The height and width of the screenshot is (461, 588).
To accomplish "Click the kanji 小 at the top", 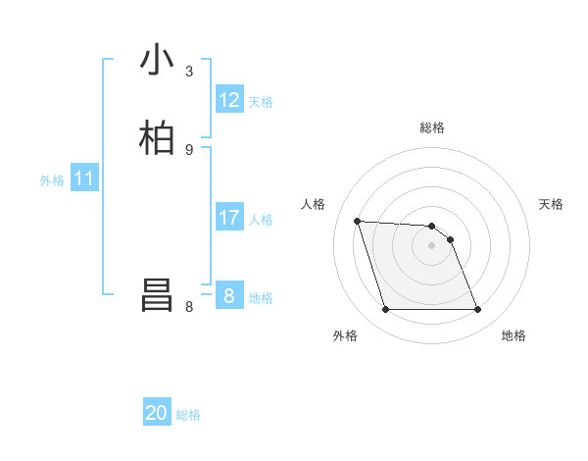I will tap(158, 62).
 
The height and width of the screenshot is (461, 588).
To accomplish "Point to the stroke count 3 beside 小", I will tap(189, 72).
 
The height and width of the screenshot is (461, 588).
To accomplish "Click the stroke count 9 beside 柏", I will tap(189, 149).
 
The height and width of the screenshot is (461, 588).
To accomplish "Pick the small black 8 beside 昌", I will tap(189, 306).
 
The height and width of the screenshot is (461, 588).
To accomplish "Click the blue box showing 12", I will tap(229, 100).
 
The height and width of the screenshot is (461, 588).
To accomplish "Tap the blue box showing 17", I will tap(229, 218).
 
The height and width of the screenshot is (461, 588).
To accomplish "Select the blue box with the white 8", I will tap(229, 295).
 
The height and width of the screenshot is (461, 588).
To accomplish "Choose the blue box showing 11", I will tap(84, 179).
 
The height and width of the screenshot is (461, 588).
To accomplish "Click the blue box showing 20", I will tap(157, 413).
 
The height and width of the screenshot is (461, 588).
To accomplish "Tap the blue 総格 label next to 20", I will tap(188, 415).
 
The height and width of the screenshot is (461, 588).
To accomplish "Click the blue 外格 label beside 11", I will tap(52, 180).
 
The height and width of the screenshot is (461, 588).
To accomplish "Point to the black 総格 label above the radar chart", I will tap(432, 128).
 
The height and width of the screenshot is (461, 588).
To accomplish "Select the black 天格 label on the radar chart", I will tap(551, 204).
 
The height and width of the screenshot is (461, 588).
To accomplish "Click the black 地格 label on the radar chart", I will tap(514, 335).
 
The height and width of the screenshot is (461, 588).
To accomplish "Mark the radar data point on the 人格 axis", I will tap(357, 221).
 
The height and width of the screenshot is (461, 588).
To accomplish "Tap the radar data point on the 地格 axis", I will tap(478, 310).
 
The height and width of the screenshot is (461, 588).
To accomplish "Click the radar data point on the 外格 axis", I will tap(385, 310).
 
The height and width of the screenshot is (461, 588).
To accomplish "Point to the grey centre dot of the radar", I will tap(432, 245).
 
